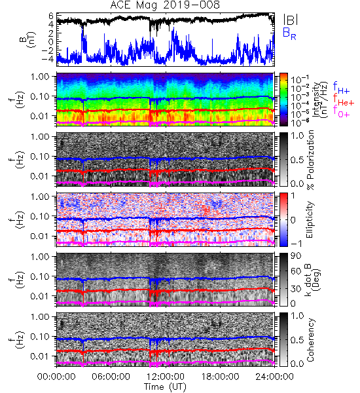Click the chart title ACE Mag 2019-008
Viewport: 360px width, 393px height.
pyautogui.click(x=165, y=5)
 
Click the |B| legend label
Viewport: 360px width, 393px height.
pyautogui.click(x=291, y=19)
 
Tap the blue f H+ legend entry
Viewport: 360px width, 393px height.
pyautogui.click(x=341, y=88)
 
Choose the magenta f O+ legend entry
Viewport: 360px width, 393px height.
pyautogui.click(x=341, y=112)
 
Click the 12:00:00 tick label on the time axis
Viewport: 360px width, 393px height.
pyautogui.click(x=166, y=377)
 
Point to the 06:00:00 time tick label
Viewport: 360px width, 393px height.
pyautogui.click(x=111, y=377)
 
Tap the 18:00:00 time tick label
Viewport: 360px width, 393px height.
pyautogui.click(x=220, y=377)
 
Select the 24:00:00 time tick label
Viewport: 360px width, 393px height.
pyautogui.click(x=274, y=377)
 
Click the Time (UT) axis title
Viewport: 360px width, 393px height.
pyautogui.click(x=165, y=386)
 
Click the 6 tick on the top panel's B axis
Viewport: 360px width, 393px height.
pyautogui.click(x=51, y=16)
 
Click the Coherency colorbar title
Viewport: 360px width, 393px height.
pyautogui.click(x=310, y=340)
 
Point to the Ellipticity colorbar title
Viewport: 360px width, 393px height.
pyautogui.click(x=310, y=220)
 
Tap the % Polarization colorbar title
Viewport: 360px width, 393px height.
pyautogui.click(x=310, y=160)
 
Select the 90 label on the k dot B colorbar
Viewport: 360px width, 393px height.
pyautogui.click(x=296, y=256)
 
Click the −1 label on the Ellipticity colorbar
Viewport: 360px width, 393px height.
pyautogui.click(x=296, y=244)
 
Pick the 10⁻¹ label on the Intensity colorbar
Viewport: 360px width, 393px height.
pyautogui.click(x=297, y=79)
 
